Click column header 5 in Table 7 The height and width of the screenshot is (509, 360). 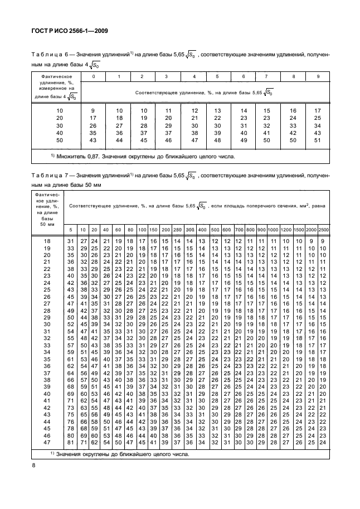click(x=70, y=230)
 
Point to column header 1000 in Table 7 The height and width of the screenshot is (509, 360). click(x=273, y=230)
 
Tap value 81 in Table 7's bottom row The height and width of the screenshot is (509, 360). click(x=70, y=443)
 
